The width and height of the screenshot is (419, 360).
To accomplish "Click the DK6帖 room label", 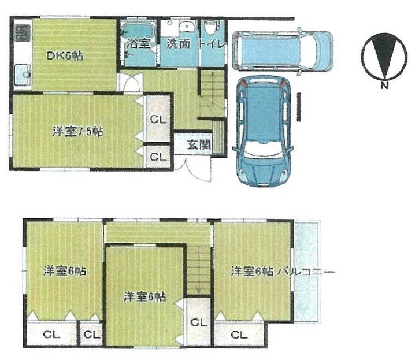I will [64, 55].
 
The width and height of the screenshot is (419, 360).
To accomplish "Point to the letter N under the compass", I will [384, 87].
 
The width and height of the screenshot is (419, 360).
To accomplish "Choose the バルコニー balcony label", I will [306, 271].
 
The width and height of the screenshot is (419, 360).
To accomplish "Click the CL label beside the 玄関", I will [157, 156].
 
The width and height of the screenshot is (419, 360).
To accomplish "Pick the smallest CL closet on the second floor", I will [92, 335].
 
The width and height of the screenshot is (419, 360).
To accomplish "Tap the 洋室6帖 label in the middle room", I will [145, 297].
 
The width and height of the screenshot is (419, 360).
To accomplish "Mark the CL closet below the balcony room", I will [238, 334].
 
